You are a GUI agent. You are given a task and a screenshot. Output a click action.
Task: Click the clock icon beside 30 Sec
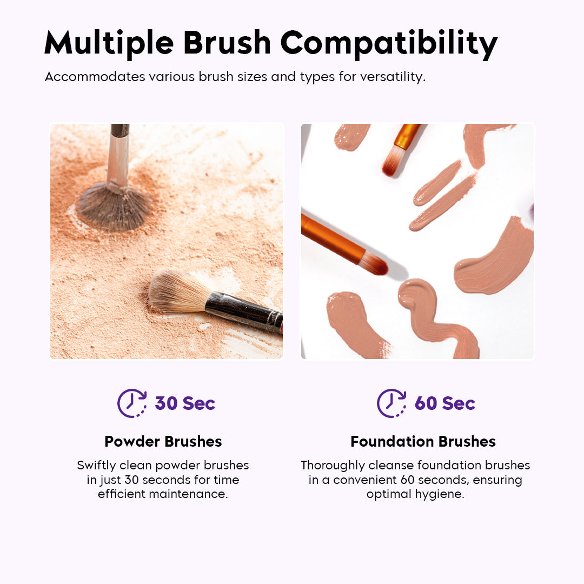coord(131,403)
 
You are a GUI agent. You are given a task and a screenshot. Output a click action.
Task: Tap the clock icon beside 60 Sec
coord(391,403)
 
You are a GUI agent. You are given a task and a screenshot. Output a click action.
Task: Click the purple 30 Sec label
coord(185,403)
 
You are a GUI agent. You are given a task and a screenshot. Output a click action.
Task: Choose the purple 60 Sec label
coord(444,403)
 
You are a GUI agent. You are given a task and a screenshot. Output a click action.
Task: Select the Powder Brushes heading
coord(163,441)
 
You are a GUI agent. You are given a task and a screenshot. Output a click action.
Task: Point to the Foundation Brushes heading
coord(423,441)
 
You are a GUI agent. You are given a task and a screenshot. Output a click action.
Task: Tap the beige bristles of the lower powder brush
coord(176,292)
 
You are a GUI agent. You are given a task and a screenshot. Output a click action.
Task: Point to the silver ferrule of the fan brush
coord(117,162)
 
